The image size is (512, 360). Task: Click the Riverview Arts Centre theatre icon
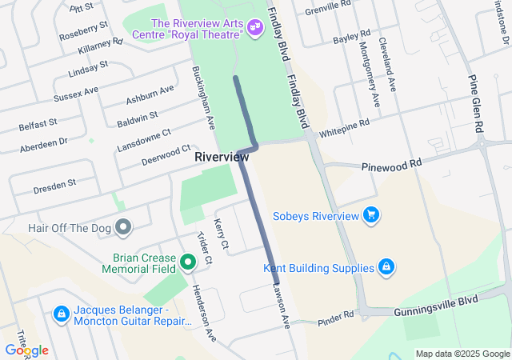(255, 28)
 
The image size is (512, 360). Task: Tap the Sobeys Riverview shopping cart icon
(370, 214)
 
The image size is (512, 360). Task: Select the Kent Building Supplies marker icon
(386, 267)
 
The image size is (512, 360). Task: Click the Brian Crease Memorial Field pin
(188, 261)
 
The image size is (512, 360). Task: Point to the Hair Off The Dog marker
(122, 228)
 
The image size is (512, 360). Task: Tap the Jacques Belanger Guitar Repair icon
(61, 314)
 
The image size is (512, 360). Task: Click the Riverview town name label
(222, 158)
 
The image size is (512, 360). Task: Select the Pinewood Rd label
(391, 163)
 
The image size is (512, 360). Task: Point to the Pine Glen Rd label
(478, 105)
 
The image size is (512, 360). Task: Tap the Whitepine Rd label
(344, 129)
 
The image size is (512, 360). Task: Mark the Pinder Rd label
(335, 317)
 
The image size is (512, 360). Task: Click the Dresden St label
(54, 186)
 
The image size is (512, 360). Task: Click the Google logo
(26, 350)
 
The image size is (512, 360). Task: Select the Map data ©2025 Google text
(462, 354)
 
